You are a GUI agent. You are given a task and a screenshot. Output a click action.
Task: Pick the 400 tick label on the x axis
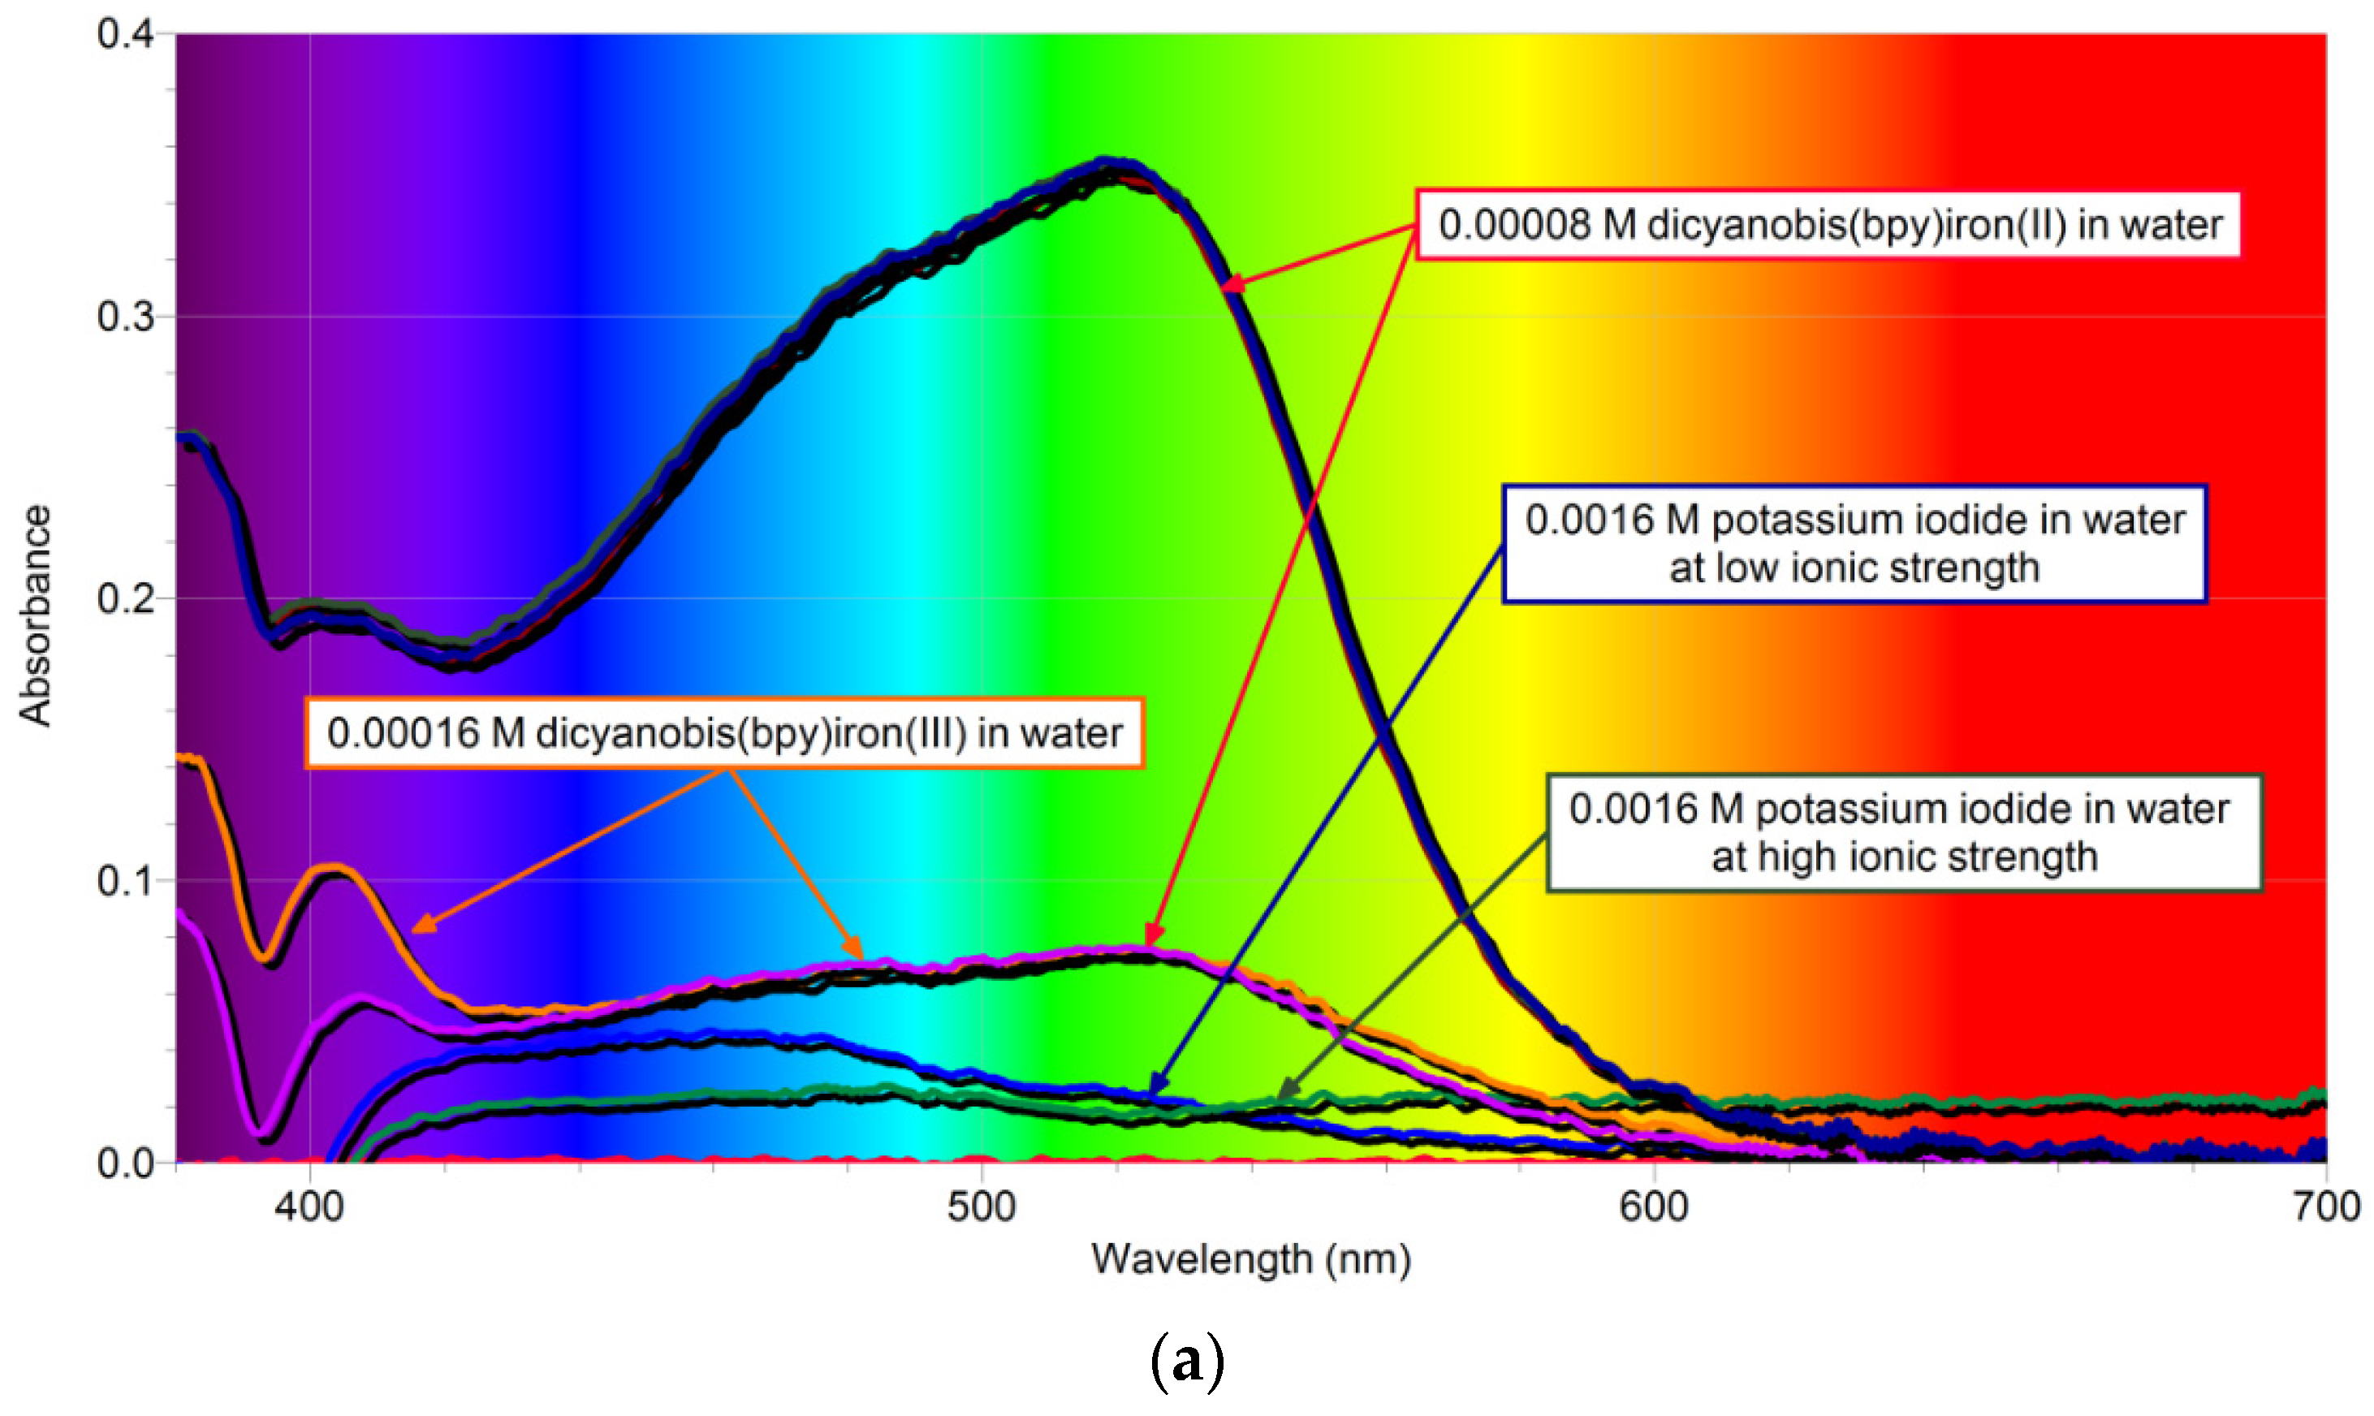[309, 1208]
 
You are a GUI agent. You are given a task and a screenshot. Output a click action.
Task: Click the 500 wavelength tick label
[981, 1208]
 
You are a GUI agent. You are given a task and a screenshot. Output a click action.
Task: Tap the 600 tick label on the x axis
[1654, 1208]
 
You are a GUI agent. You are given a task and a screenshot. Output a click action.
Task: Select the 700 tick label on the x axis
[2326, 1208]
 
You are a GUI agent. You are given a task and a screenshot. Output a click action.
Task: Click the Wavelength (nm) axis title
[1250, 1259]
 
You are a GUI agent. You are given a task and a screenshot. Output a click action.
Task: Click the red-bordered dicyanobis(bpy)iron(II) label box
[1829, 225]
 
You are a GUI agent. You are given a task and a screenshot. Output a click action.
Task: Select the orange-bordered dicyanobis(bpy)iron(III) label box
[724, 733]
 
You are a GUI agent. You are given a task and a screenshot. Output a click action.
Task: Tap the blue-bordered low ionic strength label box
[1854, 544]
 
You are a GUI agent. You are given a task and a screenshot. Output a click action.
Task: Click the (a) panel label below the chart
[1187, 1362]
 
